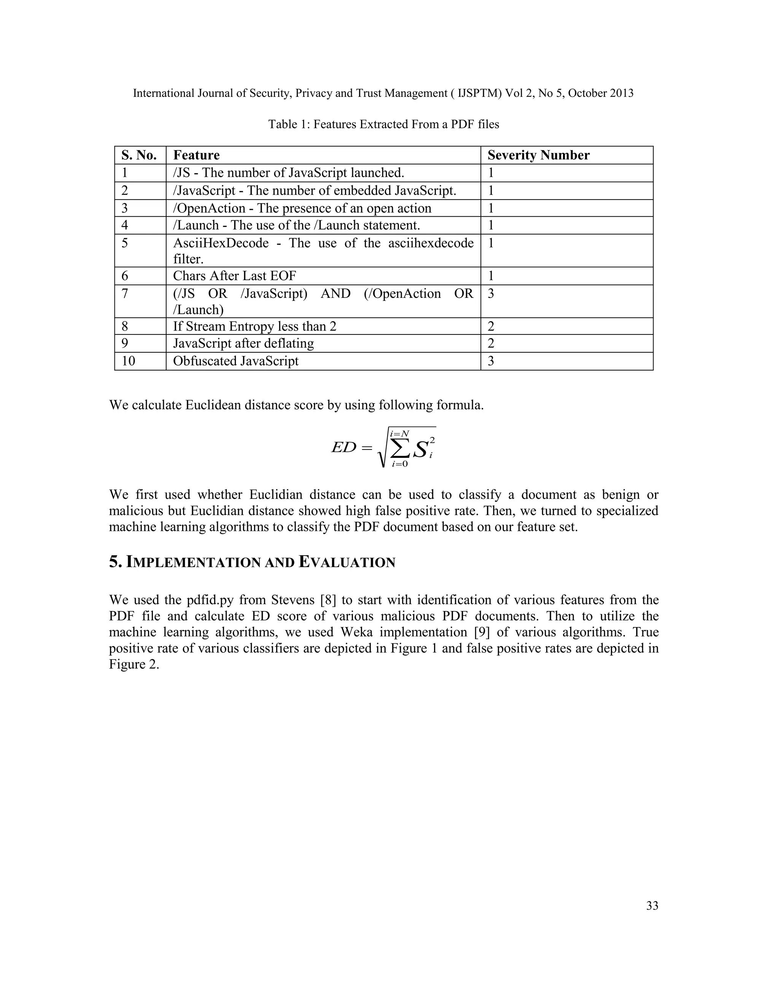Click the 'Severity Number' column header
tap(538, 155)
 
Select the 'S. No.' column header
tap(139, 155)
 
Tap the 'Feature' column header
tap(196, 155)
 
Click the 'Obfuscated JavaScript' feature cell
tap(235, 361)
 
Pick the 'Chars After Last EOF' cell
tap(234, 276)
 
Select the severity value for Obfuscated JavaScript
tap(491, 361)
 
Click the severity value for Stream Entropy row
tap(491, 326)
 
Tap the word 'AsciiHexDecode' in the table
tap(221, 243)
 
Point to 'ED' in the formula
tap(344, 447)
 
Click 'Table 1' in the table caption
tap(287, 125)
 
